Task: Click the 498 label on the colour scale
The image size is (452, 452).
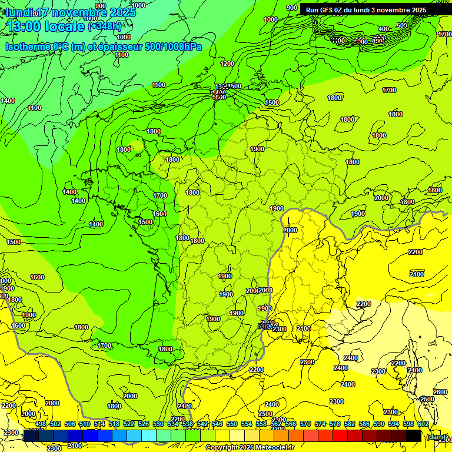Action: coord(41,424)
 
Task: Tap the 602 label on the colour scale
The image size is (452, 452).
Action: coord(423,424)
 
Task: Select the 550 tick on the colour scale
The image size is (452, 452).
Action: coord(232,424)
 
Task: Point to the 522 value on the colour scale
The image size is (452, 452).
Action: coord(129,424)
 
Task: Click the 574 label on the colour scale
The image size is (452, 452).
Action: coord(320,424)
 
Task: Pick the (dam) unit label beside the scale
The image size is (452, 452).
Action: coord(436,437)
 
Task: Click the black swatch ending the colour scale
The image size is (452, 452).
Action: coord(414,436)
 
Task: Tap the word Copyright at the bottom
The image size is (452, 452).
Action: coord(223,448)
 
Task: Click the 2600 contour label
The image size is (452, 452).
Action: coord(440,392)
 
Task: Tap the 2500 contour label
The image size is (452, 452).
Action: coord(265,414)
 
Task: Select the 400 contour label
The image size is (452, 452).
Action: coord(384,29)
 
